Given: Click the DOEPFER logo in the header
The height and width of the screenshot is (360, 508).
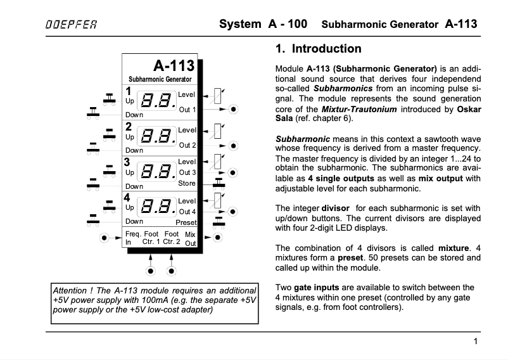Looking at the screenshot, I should coord(71,25).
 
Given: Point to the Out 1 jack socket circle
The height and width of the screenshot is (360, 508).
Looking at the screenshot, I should coord(234,109).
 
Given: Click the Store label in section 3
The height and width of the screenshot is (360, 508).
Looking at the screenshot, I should coord(187,184).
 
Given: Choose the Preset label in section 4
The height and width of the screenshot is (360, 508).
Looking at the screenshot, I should coord(186,222).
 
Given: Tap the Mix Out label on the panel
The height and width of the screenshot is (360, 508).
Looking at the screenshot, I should coord(191,238).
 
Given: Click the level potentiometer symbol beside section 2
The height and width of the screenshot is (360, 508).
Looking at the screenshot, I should coord(218,130).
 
